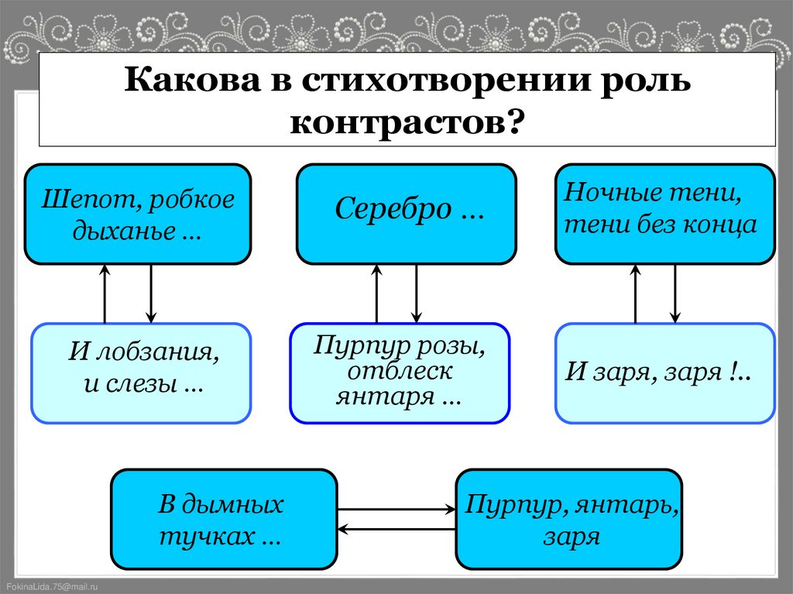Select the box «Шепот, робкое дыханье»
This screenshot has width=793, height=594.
pyautogui.click(x=138, y=214)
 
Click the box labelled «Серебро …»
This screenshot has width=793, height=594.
pyautogui.click(x=407, y=214)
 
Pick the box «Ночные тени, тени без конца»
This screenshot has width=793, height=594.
pyautogui.click(x=665, y=214)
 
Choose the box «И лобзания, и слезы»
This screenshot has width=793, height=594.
pyautogui.click(x=141, y=373)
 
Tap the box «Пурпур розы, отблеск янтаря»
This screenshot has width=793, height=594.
pyautogui.click(x=400, y=373)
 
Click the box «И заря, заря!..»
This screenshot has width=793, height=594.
pyautogui.click(x=665, y=373)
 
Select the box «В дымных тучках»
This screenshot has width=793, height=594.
pyautogui.click(x=225, y=519)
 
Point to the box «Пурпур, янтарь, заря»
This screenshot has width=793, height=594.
pyautogui.click(x=570, y=519)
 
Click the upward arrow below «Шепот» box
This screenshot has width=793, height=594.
pyautogui.click(x=105, y=294)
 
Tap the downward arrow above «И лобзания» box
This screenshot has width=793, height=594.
pyautogui.click(x=151, y=294)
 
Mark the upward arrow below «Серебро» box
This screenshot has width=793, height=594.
pyautogui.click(x=377, y=294)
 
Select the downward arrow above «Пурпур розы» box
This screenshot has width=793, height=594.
pyautogui.click(x=417, y=294)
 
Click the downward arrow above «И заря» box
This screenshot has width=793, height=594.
pyautogui.click(x=675, y=294)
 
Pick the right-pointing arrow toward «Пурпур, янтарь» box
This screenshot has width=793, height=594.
pyautogui.click(x=396, y=510)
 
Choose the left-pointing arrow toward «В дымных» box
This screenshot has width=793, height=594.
pyautogui.click(x=396, y=530)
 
